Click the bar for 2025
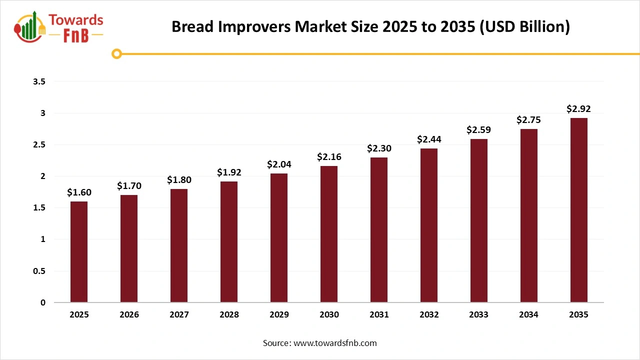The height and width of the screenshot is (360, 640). (79, 252)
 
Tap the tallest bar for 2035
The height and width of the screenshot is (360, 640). (578, 210)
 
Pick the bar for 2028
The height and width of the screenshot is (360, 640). (229, 242)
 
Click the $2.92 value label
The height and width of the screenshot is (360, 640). (578, 108)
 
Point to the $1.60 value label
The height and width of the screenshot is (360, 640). (79, 192)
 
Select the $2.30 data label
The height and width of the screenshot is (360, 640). (379, 148)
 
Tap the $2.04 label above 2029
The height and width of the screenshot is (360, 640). (279, 164)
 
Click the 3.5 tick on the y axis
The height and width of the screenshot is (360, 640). (39, 81)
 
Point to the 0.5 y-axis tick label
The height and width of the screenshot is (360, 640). (39, 271)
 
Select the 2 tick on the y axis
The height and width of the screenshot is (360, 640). (43, 176)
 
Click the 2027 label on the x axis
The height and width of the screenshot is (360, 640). (179, 315)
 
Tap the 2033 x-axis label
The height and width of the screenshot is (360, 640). (479, 315)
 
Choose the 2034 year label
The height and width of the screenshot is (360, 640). (528, 315)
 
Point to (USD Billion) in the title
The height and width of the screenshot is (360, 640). (524, 26)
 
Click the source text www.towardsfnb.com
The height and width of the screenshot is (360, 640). (334, 343)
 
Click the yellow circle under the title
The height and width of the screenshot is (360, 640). (117, 53)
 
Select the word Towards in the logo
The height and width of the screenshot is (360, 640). (76, 20)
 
